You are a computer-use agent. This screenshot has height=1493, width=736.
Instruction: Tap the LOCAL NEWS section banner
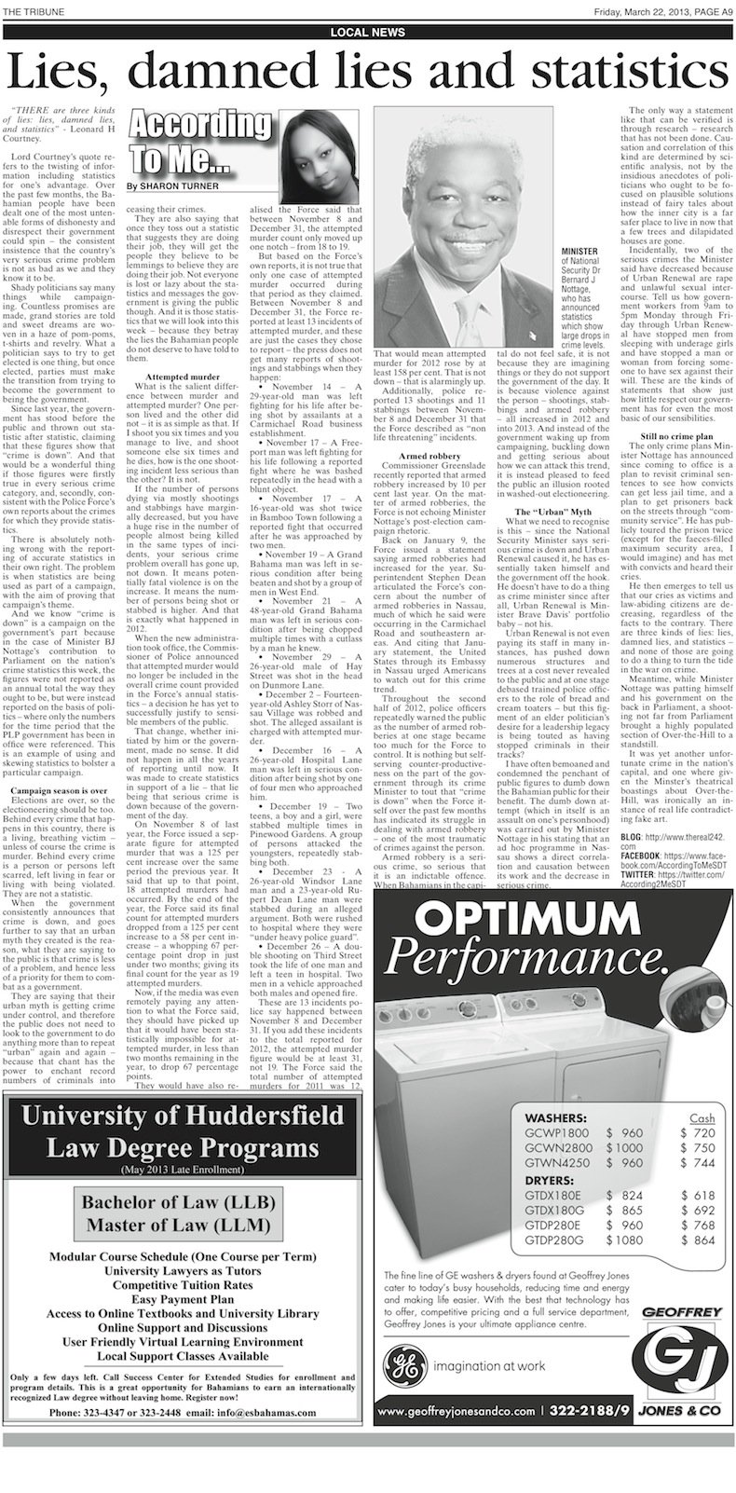click(x=367, y=33)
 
